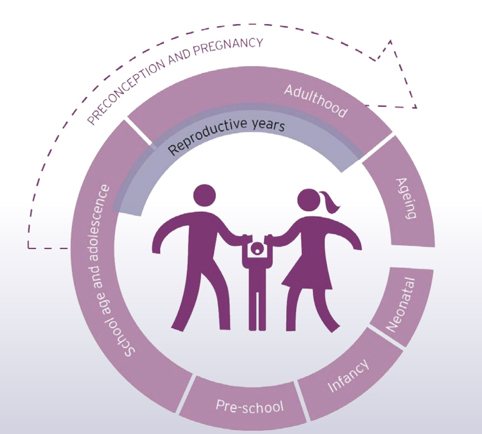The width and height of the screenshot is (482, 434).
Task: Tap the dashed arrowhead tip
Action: [x=416, y=107]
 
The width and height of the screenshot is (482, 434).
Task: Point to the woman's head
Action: [x=309, y=200]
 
